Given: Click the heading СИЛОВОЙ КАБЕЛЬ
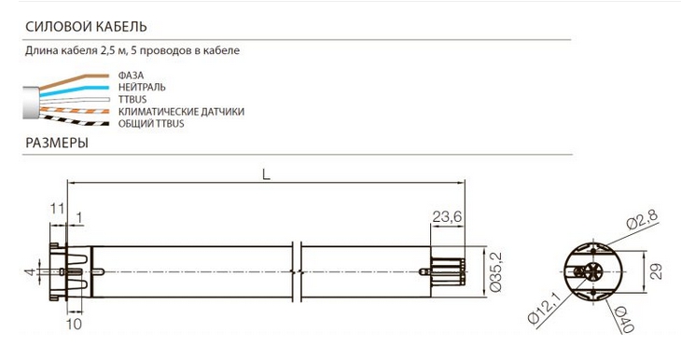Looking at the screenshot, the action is coord(86,27).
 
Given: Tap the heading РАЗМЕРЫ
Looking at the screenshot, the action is coord(57,143).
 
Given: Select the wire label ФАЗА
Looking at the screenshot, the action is coord(131,76).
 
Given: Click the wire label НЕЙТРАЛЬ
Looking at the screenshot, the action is coord(142,88).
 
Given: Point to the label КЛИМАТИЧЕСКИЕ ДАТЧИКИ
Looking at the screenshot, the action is coord(181,112).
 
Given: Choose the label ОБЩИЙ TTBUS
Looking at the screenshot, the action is coord(151,124).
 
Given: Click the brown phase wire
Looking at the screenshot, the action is coord(74,81).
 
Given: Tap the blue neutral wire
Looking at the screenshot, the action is coord(74,91).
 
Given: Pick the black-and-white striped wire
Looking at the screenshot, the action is coord(74,120).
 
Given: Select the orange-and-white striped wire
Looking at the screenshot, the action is coord(74,110).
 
